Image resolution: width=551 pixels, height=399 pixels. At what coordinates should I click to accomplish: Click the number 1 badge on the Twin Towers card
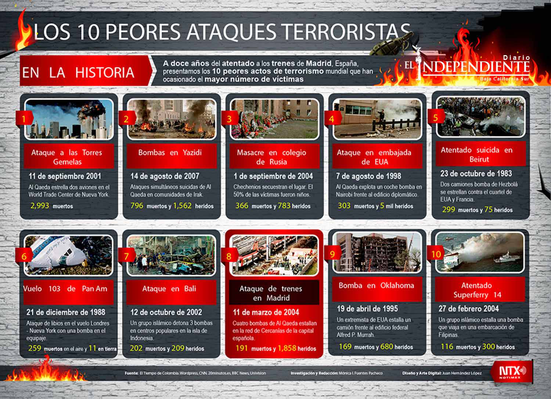[24, 119]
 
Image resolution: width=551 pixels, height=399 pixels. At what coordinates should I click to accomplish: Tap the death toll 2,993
[40, 206]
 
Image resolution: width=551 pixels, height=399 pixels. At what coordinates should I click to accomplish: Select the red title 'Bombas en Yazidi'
[170, 152]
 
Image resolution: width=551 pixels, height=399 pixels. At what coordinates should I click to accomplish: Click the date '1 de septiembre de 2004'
[273, 176]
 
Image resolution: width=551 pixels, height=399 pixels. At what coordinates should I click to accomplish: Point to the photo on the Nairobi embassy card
[377, 119]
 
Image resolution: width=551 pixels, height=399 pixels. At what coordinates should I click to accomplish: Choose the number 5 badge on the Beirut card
[435, 118]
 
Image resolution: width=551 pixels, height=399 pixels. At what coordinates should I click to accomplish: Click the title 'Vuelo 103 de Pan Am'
[65, 289]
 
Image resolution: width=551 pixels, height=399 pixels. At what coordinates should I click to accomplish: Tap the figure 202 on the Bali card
[136, 348]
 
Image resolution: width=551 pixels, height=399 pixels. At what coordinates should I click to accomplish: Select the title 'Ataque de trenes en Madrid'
[271, 293]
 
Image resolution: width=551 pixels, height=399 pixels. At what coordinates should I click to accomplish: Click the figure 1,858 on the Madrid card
[287, 348]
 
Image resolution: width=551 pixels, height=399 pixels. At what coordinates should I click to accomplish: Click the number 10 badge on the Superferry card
[436, 254]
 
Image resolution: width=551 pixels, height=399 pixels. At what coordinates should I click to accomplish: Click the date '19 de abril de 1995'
[367, 309]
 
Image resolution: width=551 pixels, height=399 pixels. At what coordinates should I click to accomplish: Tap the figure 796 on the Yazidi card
[137, 206]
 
